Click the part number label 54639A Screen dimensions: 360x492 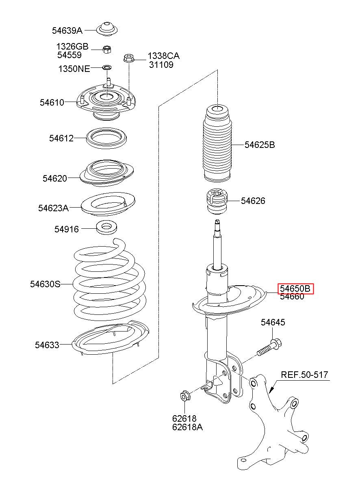pyautogui.click(x=67, y=31)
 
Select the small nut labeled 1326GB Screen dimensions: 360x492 pyautogui.click(x=107, y=50)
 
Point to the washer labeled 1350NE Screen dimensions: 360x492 pyautogui.click(x=107, y=67)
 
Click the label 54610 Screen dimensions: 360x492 pyautogui.click(x=52, y=102)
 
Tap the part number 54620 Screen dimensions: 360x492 pyautogui.click(x=55, y=178)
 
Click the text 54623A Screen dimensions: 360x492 pyautogui.click(x=53, y=208)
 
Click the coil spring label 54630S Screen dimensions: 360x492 pyautogui.click(x=45, y=284)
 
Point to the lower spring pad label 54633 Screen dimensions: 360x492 pyautogui.click(x=47, y=345)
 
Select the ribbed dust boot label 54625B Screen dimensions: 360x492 pyautogui.click(x=260, y=145)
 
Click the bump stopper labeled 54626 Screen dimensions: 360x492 pyautogui.click(x=217, y=201)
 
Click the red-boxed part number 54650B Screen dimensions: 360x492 pyautogui.click(x=295, y=288)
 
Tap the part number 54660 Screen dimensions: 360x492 pyautogui.click(x=292, y=297)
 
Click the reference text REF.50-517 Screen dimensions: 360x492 pyautogui.click(x=304, y=374)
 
